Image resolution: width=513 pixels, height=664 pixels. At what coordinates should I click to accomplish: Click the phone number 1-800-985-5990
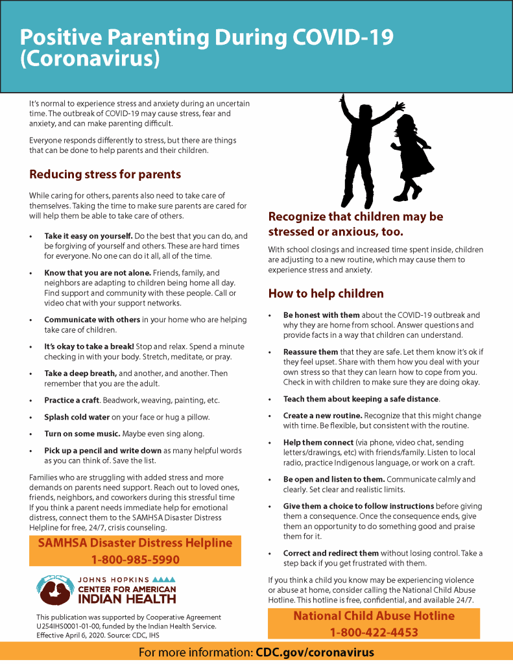[x=135, y=559]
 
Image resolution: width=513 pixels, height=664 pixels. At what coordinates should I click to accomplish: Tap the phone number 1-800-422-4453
[x=374, y=632]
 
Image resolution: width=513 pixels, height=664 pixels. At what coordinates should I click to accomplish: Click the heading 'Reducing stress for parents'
[x=105, y=174]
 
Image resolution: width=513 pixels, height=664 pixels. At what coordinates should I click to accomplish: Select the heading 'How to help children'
[x=326, y=294]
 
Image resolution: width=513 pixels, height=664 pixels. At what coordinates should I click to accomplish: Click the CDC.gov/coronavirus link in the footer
[x=315, y=652]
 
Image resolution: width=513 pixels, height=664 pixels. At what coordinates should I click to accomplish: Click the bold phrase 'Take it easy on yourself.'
[x=88, y=236]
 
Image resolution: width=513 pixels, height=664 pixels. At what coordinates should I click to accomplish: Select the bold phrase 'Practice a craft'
[x=71, y=400]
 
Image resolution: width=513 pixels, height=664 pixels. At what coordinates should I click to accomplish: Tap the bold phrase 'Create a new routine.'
[x=322, y=416]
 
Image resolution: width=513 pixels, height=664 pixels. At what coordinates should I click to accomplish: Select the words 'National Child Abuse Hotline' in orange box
[x=374, y=615]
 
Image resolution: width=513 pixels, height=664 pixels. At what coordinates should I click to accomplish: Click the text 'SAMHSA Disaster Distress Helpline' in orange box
[x=135, y=543]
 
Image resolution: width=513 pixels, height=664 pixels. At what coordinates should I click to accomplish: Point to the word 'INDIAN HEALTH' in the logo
[x=127, y=599]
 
